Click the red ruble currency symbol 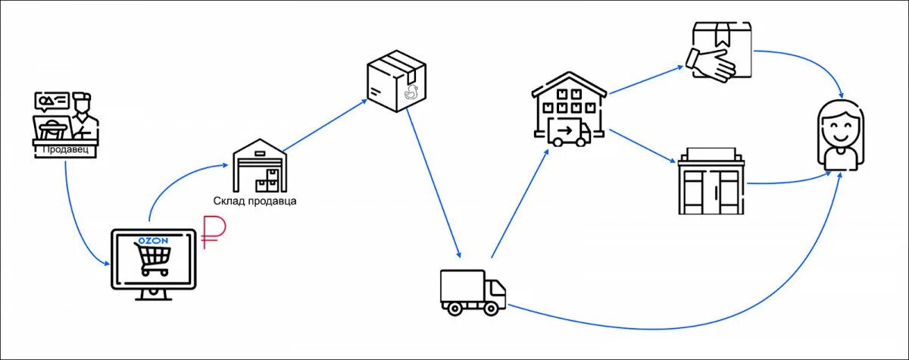click(211, 233)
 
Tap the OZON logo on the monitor click(151, 240)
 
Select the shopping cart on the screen click(151, 261)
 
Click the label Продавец click(65, 149)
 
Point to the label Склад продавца click(255, 202)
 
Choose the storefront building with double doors click(711, 182)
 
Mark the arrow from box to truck click(434, 182)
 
